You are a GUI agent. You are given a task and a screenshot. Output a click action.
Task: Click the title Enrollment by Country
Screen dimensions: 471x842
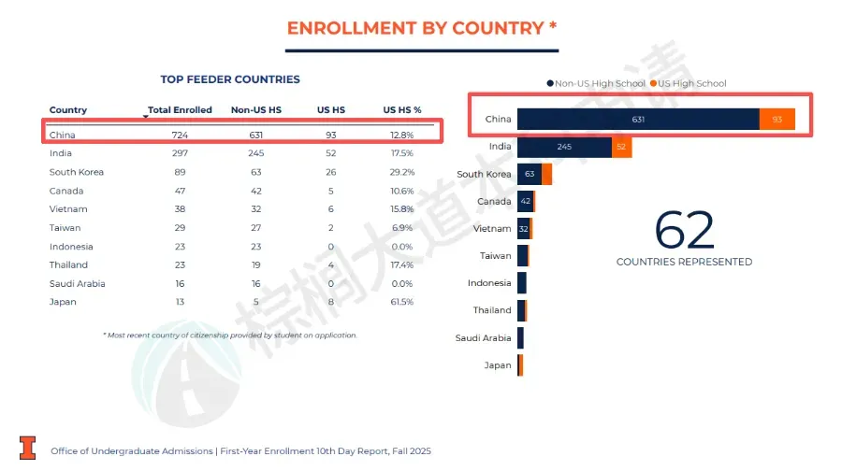click(422, 28)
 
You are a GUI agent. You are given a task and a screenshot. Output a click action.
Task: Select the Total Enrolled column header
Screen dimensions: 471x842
click(180, 110)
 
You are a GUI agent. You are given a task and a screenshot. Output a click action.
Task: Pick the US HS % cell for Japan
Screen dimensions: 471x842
click(401, 302)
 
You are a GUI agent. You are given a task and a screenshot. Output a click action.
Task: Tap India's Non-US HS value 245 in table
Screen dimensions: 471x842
click(255, 153)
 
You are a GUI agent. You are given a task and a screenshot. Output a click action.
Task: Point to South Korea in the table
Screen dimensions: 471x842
click(77, 172)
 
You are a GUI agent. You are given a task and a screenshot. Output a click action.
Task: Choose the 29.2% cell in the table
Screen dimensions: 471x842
click(401, 172)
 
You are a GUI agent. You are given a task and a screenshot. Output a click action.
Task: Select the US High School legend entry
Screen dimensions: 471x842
click(691, 84)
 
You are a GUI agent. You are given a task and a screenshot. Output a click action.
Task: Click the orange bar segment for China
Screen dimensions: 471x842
click(777, 120)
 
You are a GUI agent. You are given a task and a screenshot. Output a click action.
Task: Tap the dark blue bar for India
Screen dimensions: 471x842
click(564, 147)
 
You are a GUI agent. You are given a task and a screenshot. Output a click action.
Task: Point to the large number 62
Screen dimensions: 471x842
click(684, 230)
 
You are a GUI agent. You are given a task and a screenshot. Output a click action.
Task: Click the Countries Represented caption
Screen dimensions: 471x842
click(684, 262)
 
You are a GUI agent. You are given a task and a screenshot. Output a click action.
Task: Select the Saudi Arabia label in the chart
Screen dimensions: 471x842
click(483, 338)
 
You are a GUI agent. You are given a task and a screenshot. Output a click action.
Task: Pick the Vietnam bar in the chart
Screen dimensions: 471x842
click(524, 228)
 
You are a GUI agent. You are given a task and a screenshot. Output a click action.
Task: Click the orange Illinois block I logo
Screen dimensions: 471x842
click(28, 448)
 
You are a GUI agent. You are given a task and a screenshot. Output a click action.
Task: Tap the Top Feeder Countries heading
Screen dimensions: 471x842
click(230, 79)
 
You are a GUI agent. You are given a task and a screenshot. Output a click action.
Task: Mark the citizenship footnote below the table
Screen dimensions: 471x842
click(230, 335)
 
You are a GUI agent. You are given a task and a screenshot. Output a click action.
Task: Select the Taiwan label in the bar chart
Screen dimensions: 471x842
click(496, 255)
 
